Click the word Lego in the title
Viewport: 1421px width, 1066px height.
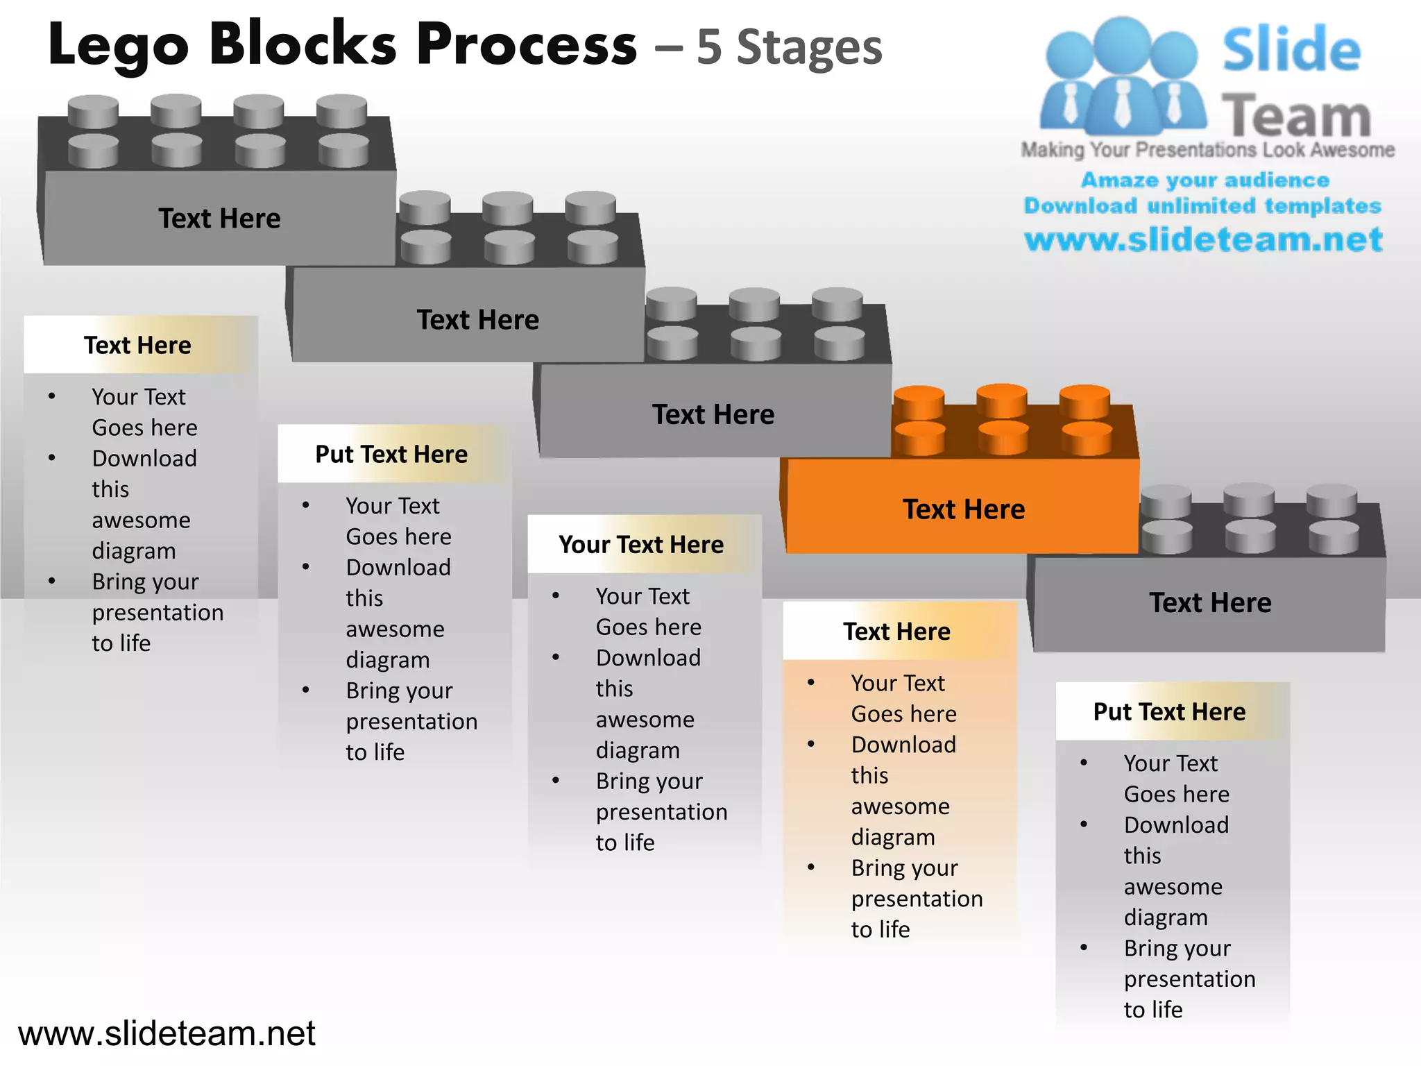(x=118, y=46)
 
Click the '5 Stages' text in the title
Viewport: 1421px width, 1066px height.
(x=789, y=47)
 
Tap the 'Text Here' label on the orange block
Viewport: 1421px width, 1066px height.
(x=963, y=509)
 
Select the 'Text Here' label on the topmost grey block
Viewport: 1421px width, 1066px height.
(x=219, y=219)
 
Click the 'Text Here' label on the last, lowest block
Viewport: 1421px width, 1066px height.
(x=1210, y=602)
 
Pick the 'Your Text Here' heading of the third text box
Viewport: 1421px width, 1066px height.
(x=641, y=545)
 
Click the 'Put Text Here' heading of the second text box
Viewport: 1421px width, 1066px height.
(x=391, y=454)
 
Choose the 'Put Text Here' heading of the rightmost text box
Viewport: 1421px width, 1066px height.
(x=1169, y=711)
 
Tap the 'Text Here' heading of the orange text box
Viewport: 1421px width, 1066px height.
(x=896, y=632)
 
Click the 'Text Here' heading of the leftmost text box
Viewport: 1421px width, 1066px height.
(x=137, y=345)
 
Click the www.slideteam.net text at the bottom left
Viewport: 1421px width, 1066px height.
(x=167, y=1033)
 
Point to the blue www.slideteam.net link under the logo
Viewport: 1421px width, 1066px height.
(x=1203, y=239)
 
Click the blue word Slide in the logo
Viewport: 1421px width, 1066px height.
(x=1291, y=50)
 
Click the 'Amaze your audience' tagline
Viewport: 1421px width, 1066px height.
(x=1205, y=180)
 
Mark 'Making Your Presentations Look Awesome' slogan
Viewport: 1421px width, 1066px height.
(x=1207, y=150)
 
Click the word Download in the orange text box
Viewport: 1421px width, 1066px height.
(x=903, y=745)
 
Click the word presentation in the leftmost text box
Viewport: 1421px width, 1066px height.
(x=158, y=612)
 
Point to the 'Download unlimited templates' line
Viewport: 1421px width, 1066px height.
(x=1202, y=205)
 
